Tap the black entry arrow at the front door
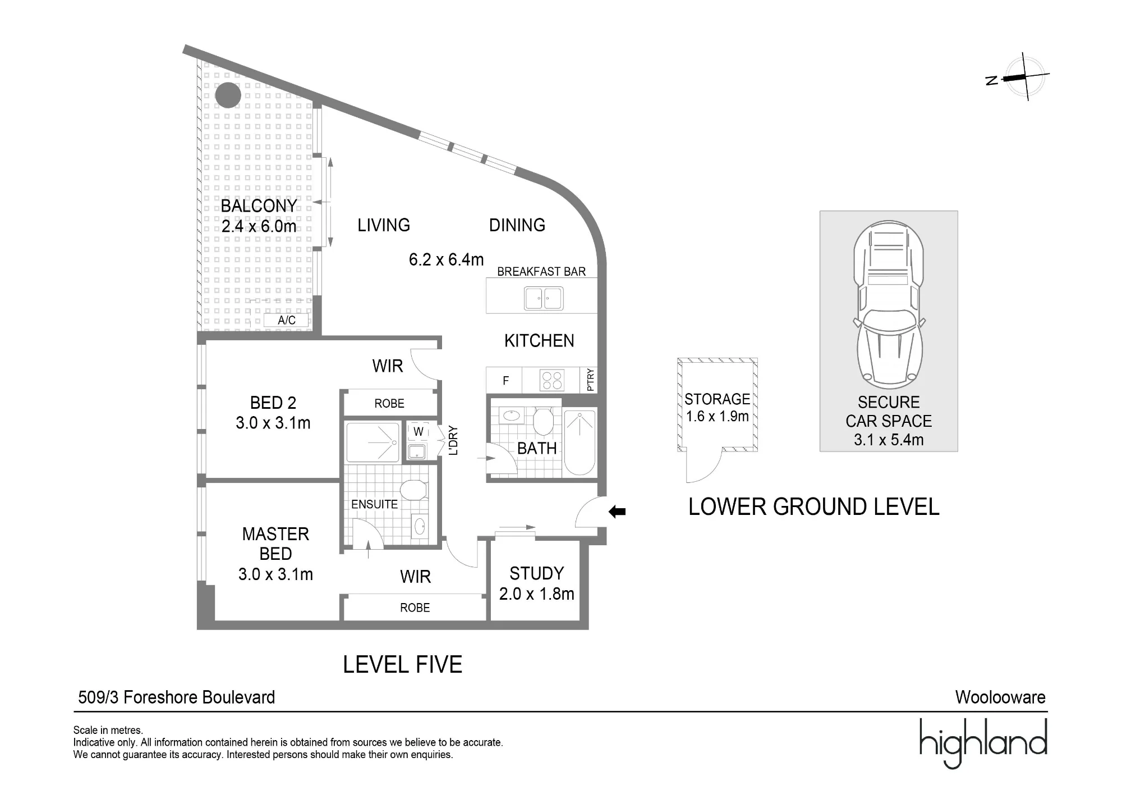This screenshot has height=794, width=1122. pos(617,512)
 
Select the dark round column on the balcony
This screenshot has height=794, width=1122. pos(228,95)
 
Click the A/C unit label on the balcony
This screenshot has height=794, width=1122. pos(287,320)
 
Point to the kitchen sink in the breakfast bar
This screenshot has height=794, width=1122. pos(543,299)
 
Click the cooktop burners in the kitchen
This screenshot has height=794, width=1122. pos(551,380)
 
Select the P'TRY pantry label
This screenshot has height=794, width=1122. pos(590,380)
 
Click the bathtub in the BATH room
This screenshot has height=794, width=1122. pos(580,443)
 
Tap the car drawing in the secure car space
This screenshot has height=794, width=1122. pos(889,304)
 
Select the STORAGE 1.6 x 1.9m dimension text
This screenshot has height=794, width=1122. pos(718,417)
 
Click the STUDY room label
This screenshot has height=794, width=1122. pos(537,573)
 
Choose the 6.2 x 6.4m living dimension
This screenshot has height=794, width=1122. pos(446,259)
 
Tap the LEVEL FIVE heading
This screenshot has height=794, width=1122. pos(403,665)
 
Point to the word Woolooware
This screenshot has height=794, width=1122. pos(1000,697)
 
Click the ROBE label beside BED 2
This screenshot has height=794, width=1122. pos(389,404)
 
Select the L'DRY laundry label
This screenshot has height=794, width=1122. pos(453,440)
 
